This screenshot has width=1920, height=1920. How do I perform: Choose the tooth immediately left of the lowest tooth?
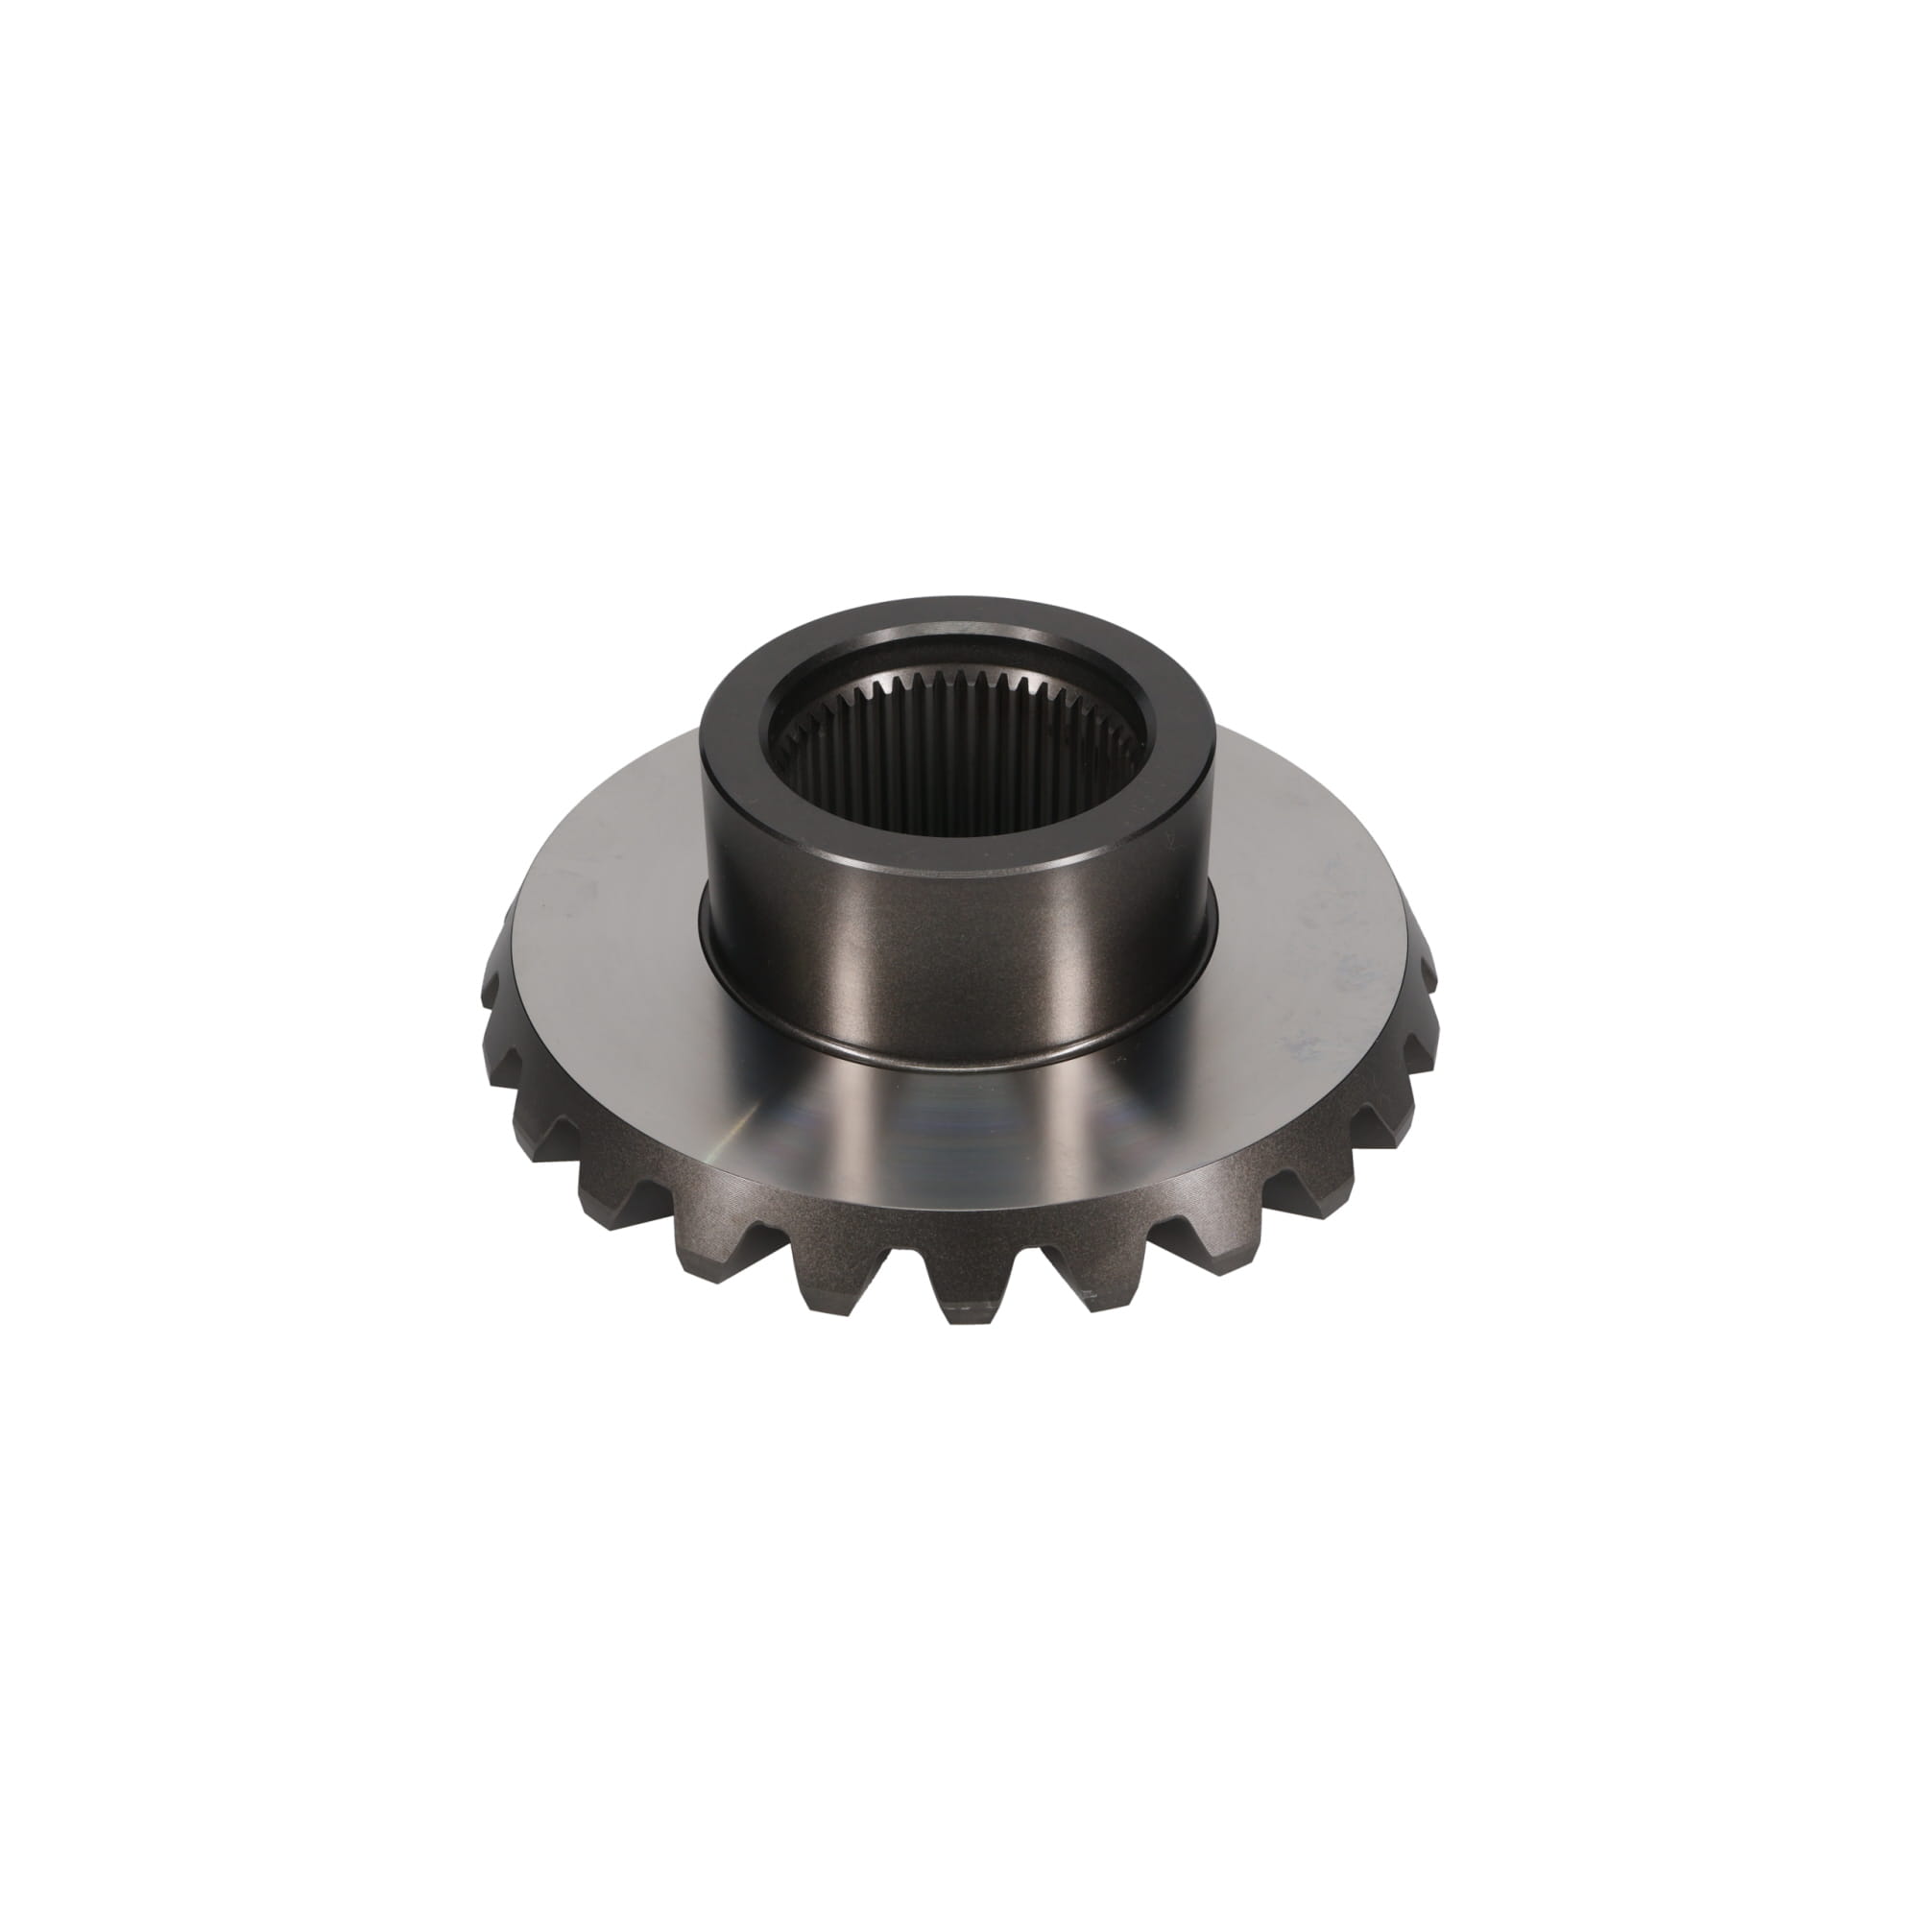tap(835, 1272)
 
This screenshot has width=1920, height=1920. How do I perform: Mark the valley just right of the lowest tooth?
tap(1023, 1242)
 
